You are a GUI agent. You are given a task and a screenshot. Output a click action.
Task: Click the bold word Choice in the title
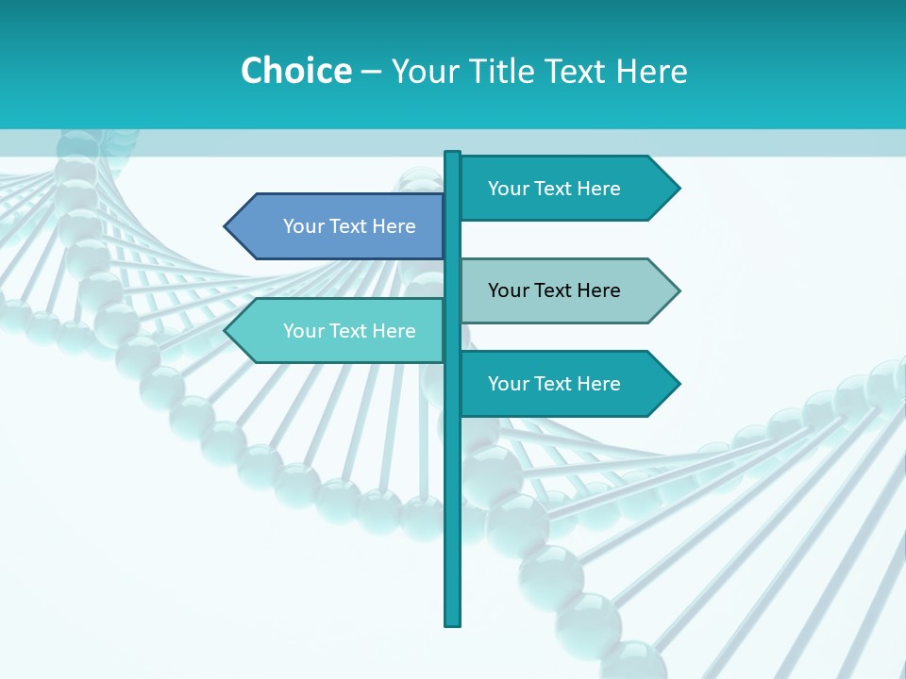pyautogui.click(x=295, y=71)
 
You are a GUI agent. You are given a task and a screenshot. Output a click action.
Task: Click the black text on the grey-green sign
pyautogui.click(x=554, y=290)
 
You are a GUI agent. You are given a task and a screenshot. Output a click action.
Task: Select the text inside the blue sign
pyautogui.click(x=349, y=226)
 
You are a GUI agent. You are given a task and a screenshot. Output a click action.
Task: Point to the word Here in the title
pyautogui.click(x=652, y=71)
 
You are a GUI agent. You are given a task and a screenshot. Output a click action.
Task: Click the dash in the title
pyautogui.click(x=371, y=72)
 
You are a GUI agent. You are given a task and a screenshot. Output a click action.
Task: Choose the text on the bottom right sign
pyautogui.click(x=554, y=384)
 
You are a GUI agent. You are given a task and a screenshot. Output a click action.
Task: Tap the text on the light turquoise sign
pyautogui.click(x=349, y=331)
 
